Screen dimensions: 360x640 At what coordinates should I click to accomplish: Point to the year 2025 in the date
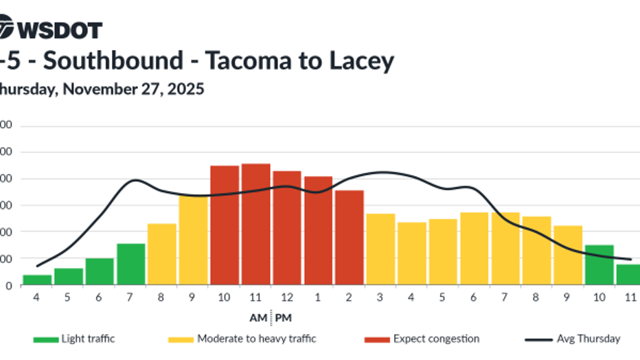[186, 89]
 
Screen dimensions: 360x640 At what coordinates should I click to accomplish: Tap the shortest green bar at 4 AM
[37, 280]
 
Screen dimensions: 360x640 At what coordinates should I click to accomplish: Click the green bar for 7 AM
[130, 264]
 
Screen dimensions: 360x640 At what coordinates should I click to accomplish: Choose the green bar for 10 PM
[599, 265]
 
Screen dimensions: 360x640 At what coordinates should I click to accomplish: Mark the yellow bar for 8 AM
[162, 254]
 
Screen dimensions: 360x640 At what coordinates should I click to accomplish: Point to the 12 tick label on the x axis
[287, 297]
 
